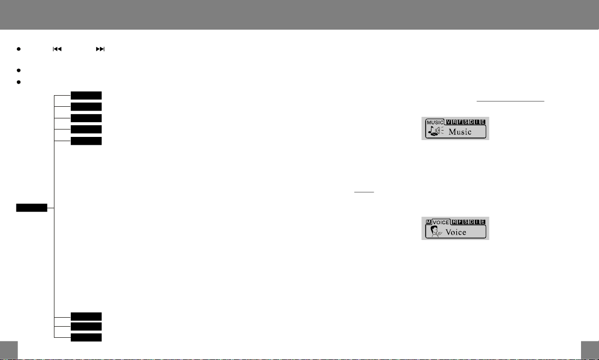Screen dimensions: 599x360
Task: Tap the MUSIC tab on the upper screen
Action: click(x=435, y=122)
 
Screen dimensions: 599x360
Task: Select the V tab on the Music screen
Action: click(x=449, y=122)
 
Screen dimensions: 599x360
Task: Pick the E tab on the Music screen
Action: click(x=483, y=122)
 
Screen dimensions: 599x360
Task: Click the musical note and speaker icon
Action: click(x=435, y=132)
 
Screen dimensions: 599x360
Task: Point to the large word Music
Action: click(x=459, y=132)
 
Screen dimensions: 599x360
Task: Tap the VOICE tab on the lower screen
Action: click(x=442, y=222)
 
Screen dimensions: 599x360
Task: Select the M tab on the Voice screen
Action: click(x=428, y=222)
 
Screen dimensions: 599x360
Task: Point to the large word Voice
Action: click(x=456, y=232)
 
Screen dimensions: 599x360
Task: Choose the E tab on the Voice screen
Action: click(x=483, y=222)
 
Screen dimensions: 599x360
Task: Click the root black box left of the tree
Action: click(x=32, y=207)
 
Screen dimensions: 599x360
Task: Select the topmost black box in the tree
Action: click(x=86, y=95)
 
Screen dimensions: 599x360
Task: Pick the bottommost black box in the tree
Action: click(x=86, y=337)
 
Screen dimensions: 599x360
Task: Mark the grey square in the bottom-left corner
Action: click(x=9, y=350)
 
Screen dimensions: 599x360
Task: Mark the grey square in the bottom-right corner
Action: click(x=589, y=350)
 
